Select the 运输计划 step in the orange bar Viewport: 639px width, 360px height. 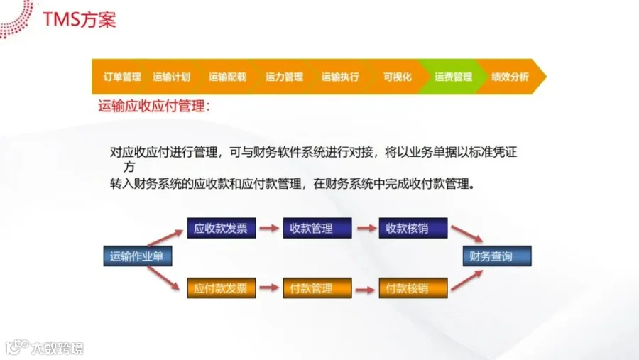tap(172, 77)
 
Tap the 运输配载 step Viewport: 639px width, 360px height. tap(227, 77)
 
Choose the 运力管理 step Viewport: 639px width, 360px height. tap(284, 77)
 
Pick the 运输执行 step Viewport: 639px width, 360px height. tap(340, 77)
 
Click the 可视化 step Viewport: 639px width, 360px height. tap(397, 77)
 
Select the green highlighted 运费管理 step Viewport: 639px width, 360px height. tap(453, 77)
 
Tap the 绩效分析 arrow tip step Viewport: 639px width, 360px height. tap(510, 77)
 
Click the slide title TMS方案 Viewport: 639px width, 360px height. tap(79, 19)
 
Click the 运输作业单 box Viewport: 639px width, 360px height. tap(137, 256)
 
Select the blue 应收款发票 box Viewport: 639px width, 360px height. tap(221, 228)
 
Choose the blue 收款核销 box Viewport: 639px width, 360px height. tap(413, 228)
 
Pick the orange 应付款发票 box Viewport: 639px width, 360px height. tap(221, 288)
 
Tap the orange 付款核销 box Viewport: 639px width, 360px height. tap(413, 288)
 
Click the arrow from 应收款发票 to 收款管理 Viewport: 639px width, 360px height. tap(268, 228)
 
